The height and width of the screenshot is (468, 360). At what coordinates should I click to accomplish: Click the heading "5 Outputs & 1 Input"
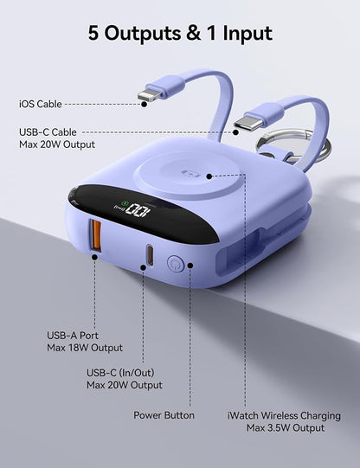[180, 33]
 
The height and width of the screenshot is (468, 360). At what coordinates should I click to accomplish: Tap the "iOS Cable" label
[41, 104]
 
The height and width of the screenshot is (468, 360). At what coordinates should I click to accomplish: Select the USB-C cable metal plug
[248, 122]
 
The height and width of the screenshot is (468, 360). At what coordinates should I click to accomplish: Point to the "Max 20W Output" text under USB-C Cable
[57, 144]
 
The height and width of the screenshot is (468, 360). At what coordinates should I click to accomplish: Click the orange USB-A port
[96, 234]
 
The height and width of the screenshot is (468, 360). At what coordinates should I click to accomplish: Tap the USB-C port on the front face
[150, 255]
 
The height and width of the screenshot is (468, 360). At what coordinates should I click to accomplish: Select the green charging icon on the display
[125, 204]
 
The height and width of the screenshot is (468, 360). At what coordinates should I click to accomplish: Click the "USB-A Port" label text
[73, 336]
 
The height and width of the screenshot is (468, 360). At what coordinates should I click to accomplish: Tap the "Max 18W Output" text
[85, 348]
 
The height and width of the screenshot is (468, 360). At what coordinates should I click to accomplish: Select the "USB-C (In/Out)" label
[120, 373]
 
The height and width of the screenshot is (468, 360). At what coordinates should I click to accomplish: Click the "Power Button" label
[164, 415]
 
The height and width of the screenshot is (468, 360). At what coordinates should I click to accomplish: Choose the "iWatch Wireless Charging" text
[284, 415]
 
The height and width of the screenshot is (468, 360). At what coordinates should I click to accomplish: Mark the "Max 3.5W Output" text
[286, 427]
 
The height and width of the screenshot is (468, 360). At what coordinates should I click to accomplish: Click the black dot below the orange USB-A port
[94, 257]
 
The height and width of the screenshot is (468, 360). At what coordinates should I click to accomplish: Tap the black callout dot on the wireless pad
[209, 176]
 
